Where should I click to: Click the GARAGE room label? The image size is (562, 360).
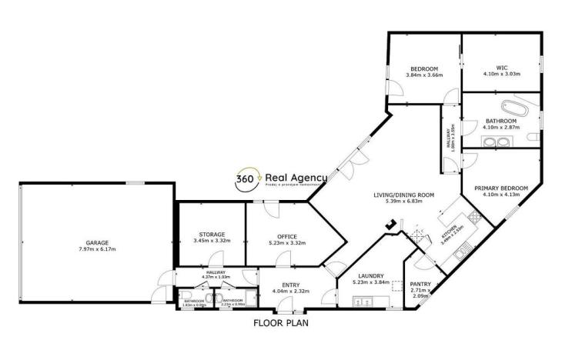point(97,242)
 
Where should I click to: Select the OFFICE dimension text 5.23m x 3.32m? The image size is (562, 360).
point(286,243)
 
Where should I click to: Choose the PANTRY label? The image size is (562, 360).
point(420,284)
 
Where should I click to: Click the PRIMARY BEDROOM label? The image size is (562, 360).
point(500,188)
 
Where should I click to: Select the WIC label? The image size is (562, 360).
point(500,67)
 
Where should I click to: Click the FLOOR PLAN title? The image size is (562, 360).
point(281,323)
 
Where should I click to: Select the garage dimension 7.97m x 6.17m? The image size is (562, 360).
point(97,249)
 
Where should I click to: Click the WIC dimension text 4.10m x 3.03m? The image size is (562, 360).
point(500,75)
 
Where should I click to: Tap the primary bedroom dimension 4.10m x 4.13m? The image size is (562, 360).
point(500,195)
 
